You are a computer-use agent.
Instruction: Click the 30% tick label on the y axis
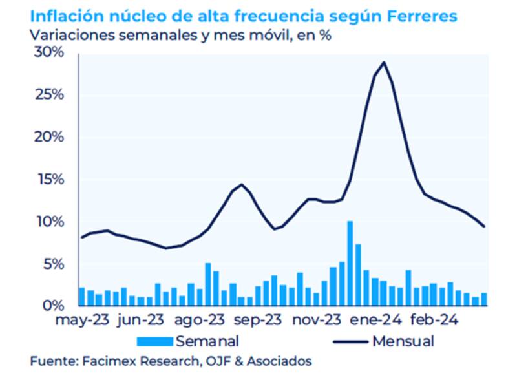coord(49,53)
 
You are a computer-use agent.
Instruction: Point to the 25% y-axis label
coord(49,95)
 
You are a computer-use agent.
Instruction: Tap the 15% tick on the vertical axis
coord(49,180)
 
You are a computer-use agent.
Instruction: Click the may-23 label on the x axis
coord(82,320)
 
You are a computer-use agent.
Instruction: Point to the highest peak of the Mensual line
coord(385,63)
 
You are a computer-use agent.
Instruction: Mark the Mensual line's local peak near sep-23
coord(242,185)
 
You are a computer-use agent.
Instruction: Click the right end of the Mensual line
coord(484,226)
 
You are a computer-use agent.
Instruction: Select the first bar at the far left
coord(81,297)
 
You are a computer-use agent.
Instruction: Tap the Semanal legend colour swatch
coord(155,341)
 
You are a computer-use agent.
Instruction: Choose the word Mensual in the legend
coord(403,341)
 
